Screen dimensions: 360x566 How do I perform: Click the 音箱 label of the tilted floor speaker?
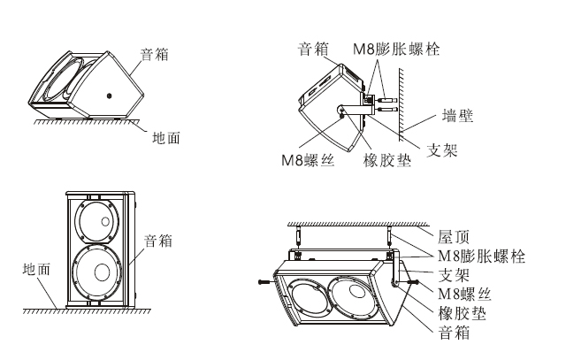(156, 54)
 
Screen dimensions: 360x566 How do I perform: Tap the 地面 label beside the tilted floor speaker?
(168, 137)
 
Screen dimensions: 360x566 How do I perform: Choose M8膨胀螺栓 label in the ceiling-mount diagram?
(482, 257)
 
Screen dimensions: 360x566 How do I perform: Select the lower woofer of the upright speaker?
(96, 275)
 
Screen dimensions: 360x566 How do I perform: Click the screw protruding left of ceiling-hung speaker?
(264, 281)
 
